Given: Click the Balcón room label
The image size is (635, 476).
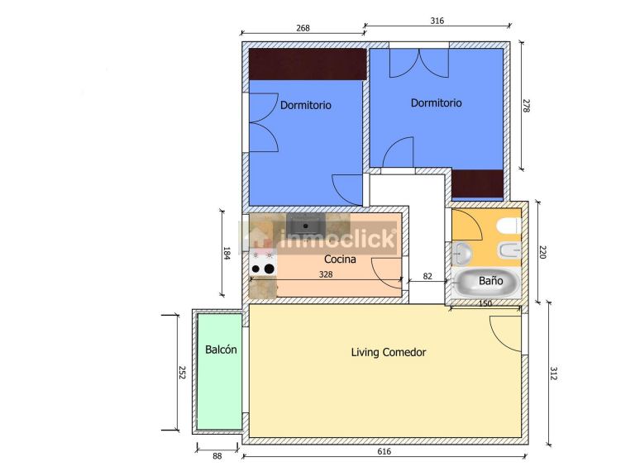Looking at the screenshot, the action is (x=221, y=350).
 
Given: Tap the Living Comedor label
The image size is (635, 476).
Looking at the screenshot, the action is (x=389, y=352).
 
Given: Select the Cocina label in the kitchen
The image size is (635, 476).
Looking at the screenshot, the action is (x=340, y=259).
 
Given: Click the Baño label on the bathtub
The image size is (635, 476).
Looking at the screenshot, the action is (x=491, y=280).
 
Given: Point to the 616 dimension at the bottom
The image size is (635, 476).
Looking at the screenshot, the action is (x=384, y=451).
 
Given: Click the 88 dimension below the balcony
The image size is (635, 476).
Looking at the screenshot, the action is (x=217, y=456).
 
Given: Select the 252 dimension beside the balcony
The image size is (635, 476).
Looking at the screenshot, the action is (x=182, y=373).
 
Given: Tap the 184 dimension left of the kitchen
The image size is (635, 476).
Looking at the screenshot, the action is (x=227, y=253).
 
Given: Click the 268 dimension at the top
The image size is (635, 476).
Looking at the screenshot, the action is (x=303, y=28).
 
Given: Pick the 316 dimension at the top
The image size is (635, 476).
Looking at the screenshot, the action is (x=437, y=21).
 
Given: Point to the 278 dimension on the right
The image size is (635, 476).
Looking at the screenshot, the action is (x=526, y=106).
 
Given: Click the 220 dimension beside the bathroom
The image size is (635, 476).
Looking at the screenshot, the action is (x=543, y=252).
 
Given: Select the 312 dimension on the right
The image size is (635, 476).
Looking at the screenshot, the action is (x=554, y=374).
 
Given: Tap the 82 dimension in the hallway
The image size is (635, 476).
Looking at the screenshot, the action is (x=427, y=276).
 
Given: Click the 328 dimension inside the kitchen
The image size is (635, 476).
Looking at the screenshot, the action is (x=326, y=274).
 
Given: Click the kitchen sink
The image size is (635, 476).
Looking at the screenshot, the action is (x=306, y=224).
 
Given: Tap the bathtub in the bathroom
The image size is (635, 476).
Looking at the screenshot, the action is (x=486, y=282).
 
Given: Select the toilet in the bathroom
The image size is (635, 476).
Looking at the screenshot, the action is (x=510, y=226).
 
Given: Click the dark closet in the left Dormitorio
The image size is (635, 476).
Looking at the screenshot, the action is (x=308, y=64).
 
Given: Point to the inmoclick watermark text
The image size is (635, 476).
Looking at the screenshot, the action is (x=337, y=238).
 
